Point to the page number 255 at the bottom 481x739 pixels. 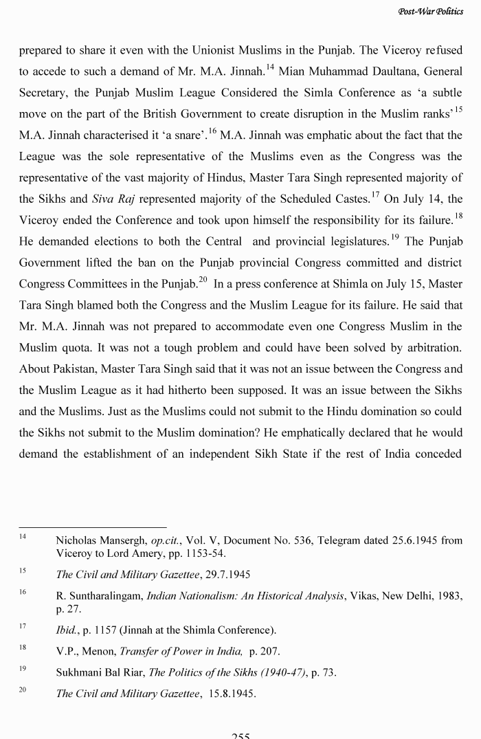pyautogui.click(x=240, y=736)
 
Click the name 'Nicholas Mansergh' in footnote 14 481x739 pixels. pyautogui.click(x=99, y=540)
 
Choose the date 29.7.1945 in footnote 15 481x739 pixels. pyautogui.click(x=228, y=575)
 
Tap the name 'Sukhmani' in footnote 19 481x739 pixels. pyautogui.click(x=78, y=672)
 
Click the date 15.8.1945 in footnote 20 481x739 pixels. pyautogui.click(x=232, y=693)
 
